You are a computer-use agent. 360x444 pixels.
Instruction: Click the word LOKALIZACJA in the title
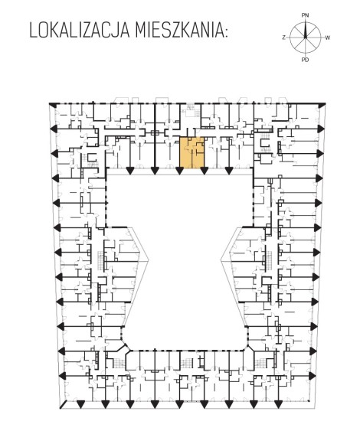(x=80, y=31)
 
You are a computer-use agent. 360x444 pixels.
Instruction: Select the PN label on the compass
(x=305, y=15)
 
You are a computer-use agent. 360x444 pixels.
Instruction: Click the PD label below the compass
(x=305, y=60)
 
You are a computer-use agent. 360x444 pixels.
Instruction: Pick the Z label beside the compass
(x=283, y=38)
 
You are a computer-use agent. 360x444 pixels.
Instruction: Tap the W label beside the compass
(x=327, y=38)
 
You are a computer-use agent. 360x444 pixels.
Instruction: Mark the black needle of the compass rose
(x=306, y=29)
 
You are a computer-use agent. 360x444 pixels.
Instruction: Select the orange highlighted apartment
(x=192, y=152)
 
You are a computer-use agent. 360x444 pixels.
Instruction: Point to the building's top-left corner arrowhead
(x=53, y=105)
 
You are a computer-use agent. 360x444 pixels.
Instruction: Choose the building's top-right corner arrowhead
(x=322, y=105)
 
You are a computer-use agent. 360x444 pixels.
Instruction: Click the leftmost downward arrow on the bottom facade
(x=81, y=404)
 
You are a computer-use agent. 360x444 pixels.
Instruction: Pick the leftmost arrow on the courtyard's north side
(x=130, y=171)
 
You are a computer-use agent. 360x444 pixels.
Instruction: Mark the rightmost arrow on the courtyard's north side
(x=228, y=171)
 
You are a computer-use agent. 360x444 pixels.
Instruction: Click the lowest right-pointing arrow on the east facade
(x=313, y=376)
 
